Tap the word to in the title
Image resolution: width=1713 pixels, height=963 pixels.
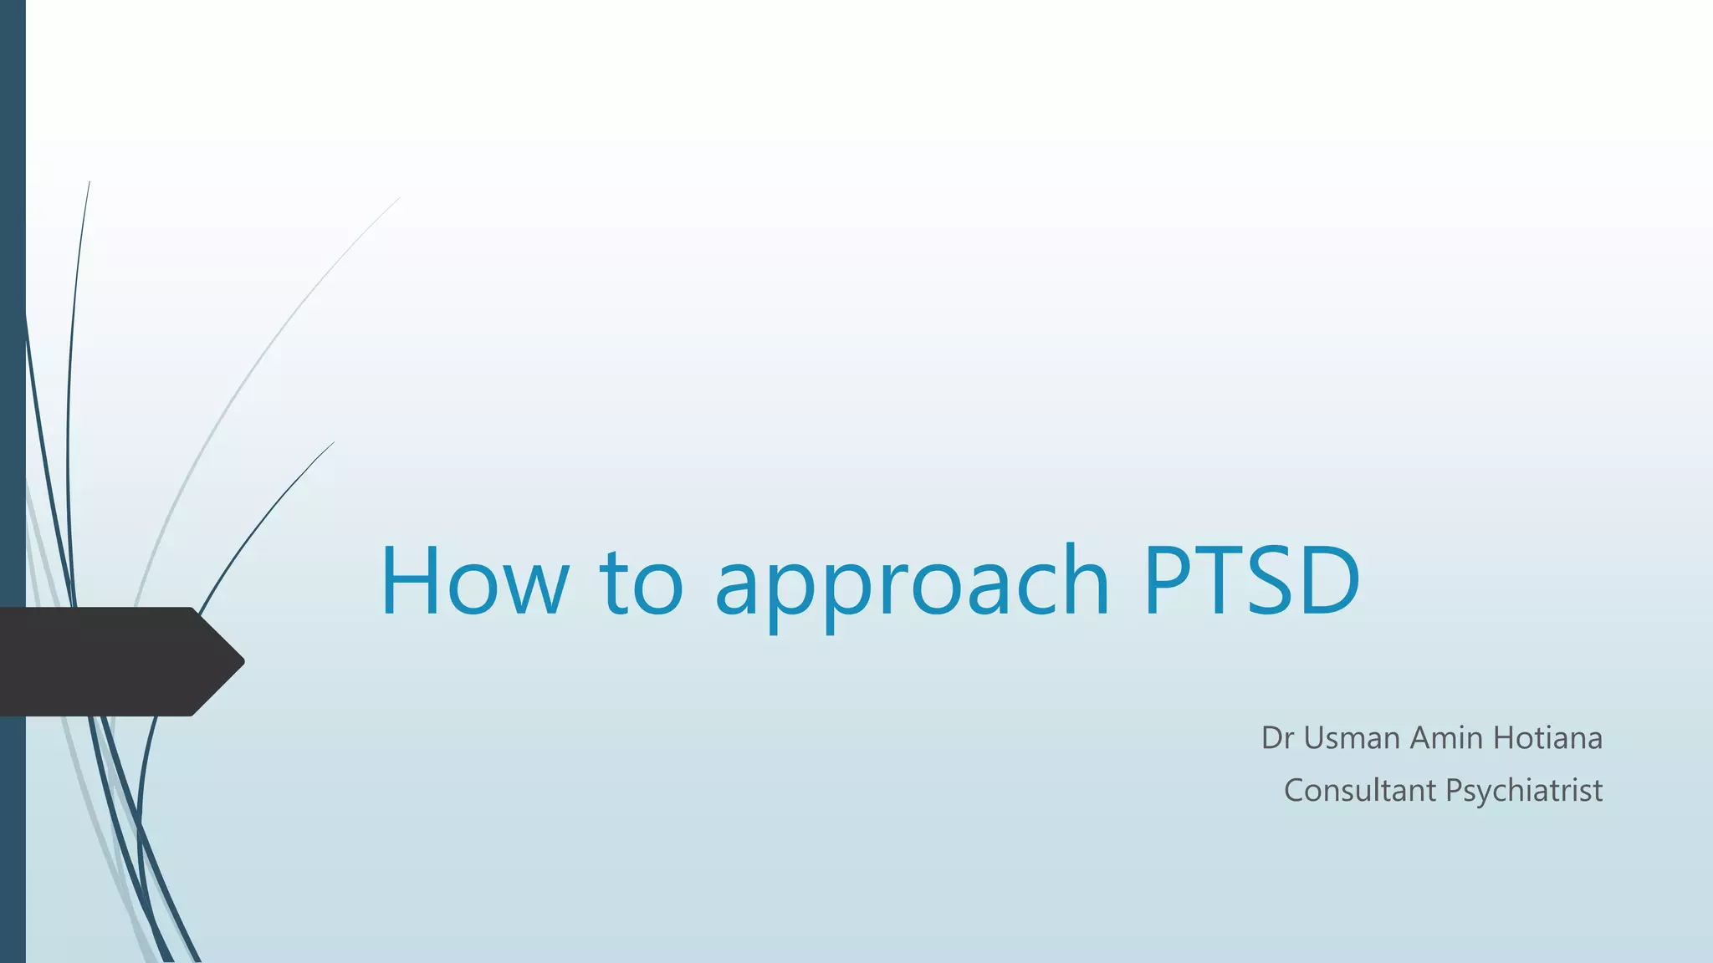[x=642, y=580]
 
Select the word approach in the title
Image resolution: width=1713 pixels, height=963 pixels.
[x=912, y=585]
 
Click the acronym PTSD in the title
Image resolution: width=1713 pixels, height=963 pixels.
[x=1252, y=580]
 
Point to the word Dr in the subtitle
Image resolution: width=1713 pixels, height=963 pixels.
[x=1277, y=738]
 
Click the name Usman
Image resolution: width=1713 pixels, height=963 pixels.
[x=1352, y=738]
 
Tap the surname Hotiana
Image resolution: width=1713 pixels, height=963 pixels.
[x=1547, y=738]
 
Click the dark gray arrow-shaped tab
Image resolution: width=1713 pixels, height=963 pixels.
[x=109, y=661]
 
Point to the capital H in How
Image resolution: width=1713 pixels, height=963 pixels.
[x=410, y=580]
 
